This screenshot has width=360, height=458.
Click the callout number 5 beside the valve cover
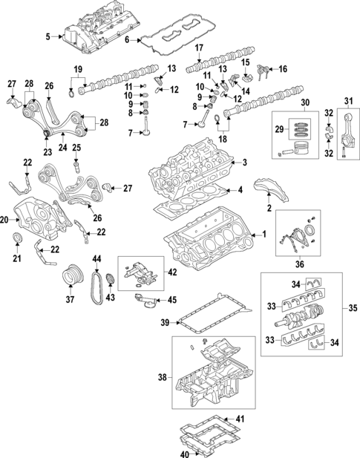click(48, 36)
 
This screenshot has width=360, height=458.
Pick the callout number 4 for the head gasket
click(240, 190)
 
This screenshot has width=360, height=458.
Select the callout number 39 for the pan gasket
click(166, 323)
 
